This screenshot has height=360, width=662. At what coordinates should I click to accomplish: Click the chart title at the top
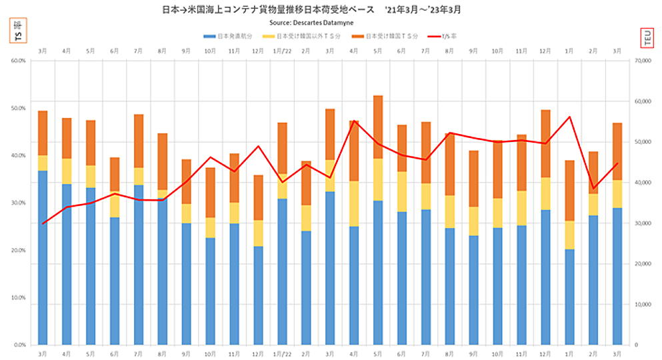[312, 10]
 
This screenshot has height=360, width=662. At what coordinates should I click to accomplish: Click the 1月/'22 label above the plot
[282, 51]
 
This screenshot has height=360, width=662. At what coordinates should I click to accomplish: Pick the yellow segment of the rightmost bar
[617, 193]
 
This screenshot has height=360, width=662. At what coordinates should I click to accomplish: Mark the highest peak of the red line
[569, 117]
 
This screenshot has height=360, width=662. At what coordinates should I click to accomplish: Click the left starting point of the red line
[43, 223]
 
